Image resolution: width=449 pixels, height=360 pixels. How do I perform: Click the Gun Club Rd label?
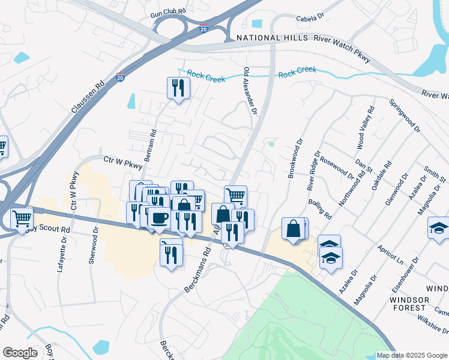[x=168, y=12]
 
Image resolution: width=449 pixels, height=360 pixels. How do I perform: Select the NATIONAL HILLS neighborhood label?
[x=267, y=38]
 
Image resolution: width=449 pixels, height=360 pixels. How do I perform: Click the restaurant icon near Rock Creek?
[x=178, y=89]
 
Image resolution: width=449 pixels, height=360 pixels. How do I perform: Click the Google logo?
[x=20, y=353]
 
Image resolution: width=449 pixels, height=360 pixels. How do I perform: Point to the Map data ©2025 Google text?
[x=412, y=355]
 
